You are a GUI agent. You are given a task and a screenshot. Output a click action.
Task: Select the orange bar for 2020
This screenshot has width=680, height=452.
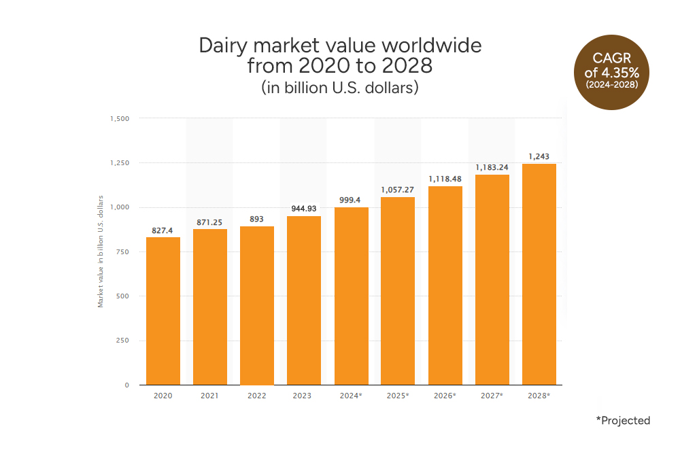pos(163,311)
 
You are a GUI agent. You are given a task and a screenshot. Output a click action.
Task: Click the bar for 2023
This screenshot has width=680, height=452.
pos(304,300)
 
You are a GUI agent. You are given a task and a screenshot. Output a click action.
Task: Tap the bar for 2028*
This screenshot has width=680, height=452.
pos(539,274)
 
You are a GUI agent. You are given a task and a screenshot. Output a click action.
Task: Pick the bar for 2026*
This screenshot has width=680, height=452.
pos(445,285)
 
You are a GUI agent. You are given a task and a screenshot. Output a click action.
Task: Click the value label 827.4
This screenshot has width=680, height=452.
pos(163,231)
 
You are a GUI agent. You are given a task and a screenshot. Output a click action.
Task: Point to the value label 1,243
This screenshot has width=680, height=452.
pos(539,157)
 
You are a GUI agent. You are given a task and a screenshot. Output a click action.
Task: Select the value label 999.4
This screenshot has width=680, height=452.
pos(351,201)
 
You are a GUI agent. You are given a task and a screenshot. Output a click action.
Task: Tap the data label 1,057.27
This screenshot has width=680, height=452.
pos(398,190)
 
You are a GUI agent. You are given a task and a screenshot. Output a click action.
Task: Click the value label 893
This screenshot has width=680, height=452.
pos(257,220)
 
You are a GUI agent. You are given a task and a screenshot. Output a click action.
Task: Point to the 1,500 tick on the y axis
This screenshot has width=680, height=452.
pos(119,118)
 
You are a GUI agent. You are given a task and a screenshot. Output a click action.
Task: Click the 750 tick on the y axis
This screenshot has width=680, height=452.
pos(122,251)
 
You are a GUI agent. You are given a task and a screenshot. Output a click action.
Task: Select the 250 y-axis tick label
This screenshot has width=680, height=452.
pos(122,341)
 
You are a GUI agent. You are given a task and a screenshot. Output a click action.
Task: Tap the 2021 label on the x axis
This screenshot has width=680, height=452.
pos(210,395)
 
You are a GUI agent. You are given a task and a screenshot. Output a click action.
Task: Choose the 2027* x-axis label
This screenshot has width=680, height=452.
pos(492,395)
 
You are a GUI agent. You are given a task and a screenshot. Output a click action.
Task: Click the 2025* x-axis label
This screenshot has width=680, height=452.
pos(398,395)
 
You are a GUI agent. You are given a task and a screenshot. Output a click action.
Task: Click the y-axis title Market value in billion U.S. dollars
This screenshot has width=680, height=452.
pos(101,251)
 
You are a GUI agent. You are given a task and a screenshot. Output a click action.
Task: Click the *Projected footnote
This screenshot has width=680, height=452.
pos(623,421)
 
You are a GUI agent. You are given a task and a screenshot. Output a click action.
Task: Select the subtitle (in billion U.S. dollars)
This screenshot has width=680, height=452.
pos(339,88)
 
